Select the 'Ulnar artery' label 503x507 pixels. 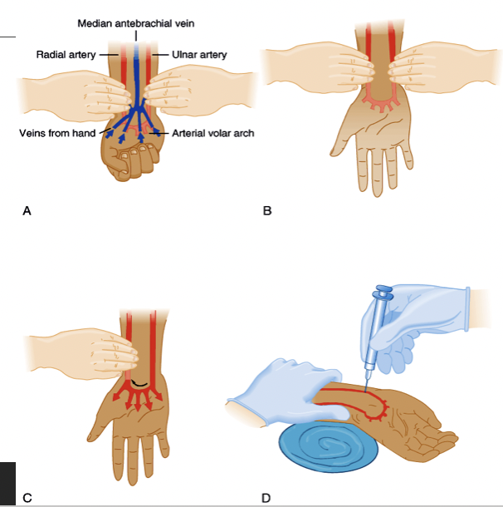(x=199, y=55)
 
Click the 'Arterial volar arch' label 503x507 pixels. (x=212, y=133)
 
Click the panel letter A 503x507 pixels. (x=27, y=211)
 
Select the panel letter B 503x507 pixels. (x=266, y=211)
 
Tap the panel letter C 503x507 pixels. (x=27, y=498)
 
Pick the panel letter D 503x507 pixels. (x=266, y=498)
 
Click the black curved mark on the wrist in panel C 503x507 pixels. (x=138, y=385)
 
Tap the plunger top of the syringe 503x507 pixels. (x=384, y=293)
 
